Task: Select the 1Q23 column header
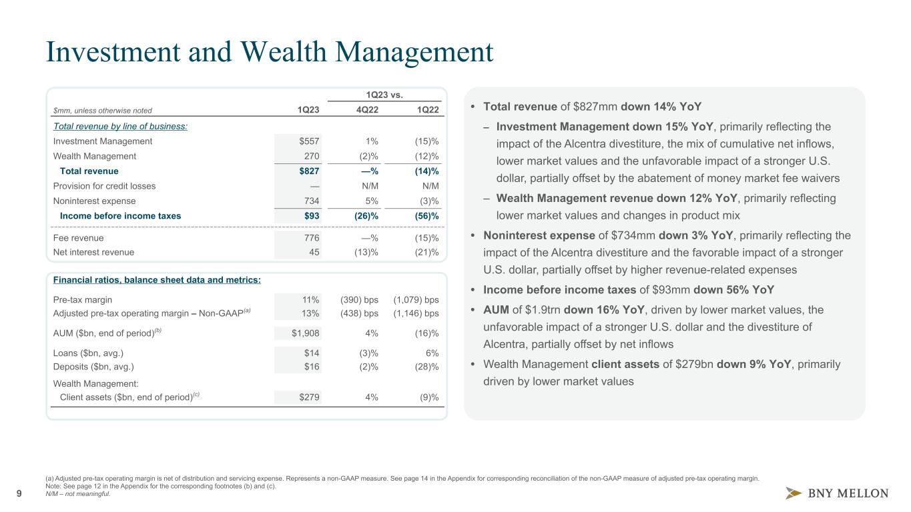308,110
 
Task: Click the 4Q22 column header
366,110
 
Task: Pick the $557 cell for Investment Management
308,141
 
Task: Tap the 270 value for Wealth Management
310,156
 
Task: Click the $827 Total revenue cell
308,171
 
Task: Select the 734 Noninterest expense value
310,201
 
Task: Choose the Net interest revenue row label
93,252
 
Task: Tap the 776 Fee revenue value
310,237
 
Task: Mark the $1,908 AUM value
303,333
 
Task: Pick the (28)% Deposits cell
425,367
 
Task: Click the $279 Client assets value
308,397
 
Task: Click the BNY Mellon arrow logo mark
794,493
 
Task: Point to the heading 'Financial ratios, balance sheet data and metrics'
156,279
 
